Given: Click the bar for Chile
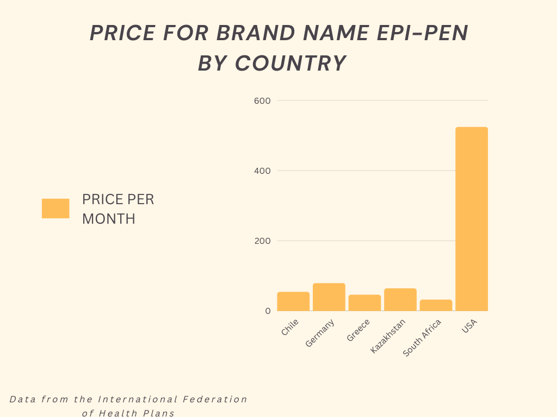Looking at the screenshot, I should (293, 301).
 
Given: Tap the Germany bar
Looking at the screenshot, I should (329, 297).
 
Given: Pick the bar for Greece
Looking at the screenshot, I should (364, 303).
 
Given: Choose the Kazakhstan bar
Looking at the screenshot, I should (400, 300).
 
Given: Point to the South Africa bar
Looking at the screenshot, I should (436, 305).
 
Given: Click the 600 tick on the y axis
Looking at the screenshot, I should (262, 100).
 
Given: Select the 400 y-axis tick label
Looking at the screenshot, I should (262, 170).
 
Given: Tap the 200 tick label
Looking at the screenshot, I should (262, 241).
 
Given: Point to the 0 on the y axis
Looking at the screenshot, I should (268, 311).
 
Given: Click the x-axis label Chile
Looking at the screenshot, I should (290, 327).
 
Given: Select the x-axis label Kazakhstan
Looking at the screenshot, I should (388, 336).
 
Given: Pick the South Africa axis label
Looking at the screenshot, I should (422, 338).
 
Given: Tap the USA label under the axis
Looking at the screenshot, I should (469, 326).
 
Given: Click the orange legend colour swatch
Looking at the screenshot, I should (55, 208).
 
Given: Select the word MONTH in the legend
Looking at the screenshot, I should (109, 219).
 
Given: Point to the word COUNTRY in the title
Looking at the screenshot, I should (290, 64).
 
